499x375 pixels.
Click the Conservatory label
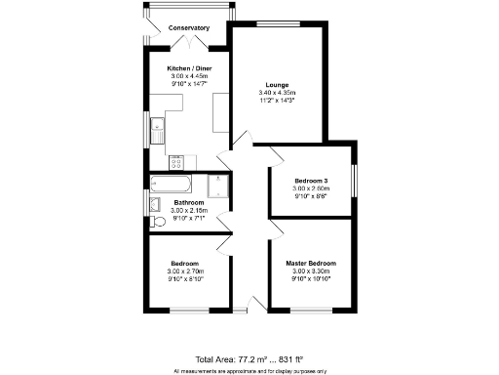[188, 28]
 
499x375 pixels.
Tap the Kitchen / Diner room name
[190, 67]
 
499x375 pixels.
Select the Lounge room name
[277, 84]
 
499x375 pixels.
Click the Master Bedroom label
[311, 264]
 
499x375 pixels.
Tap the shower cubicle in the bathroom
[219, 185]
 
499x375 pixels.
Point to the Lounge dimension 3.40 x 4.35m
[277, 92]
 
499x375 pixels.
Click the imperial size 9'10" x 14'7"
[190, 83]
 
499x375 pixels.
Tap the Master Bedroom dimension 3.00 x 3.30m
[311, 271]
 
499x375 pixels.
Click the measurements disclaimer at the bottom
[249, 371]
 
